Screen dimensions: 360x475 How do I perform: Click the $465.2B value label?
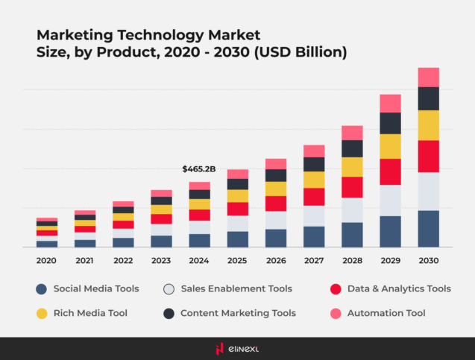(198, 169)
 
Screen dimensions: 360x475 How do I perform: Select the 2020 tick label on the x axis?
(46, 261)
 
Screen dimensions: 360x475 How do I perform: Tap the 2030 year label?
(428, 261)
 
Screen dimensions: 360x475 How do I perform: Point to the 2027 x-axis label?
(313, 261)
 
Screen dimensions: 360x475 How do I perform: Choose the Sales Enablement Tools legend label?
(236, 288)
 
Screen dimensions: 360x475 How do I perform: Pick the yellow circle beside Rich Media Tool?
(42, 313)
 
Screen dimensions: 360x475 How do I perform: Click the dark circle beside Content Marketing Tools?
(168, 313)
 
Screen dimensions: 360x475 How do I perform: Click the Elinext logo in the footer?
(237, 347)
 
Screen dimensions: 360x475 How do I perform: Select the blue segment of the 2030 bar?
(428, 228)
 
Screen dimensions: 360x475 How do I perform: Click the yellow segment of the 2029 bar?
(390, 146)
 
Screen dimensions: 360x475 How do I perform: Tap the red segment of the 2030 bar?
(428, 156)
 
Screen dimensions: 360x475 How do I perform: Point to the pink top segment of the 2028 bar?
(352, 133)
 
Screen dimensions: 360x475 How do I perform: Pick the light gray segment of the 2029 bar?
(390, 200)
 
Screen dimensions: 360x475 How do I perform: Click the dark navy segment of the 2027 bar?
(314, 164)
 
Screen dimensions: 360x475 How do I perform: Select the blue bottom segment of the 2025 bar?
(238, 239)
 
